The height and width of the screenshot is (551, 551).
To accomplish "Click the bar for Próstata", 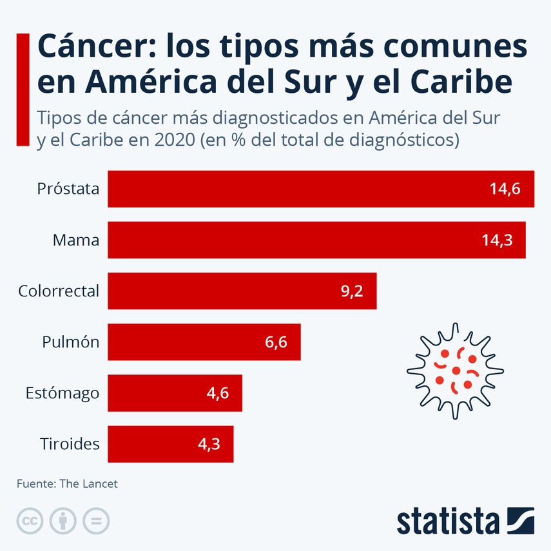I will coord(320,189).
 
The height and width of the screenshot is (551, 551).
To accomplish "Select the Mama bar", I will coord(316,240).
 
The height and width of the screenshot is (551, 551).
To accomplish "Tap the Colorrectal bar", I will coord(242,291).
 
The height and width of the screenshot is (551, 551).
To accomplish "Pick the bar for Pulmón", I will coord(204,342).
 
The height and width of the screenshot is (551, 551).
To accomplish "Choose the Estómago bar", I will coord(175,392).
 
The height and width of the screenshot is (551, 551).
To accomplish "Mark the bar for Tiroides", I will coord(170,443).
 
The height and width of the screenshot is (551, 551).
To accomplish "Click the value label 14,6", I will coord(504,189).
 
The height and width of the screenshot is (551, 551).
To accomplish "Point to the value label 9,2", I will coord(352,291).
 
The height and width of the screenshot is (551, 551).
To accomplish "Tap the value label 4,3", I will coord(209,443).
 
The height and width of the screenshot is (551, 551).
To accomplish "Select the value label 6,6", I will coord(276,342).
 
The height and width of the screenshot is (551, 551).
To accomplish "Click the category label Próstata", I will coord(68,189).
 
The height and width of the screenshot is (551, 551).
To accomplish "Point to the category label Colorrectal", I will coord(59,291).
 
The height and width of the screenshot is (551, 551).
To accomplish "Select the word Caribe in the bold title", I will coord(462,82).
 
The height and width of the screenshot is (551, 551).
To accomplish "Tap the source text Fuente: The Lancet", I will coord(67,483).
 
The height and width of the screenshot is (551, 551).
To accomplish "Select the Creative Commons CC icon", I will coord(30,521).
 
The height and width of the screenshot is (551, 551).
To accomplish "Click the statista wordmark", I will coord(448,521).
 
